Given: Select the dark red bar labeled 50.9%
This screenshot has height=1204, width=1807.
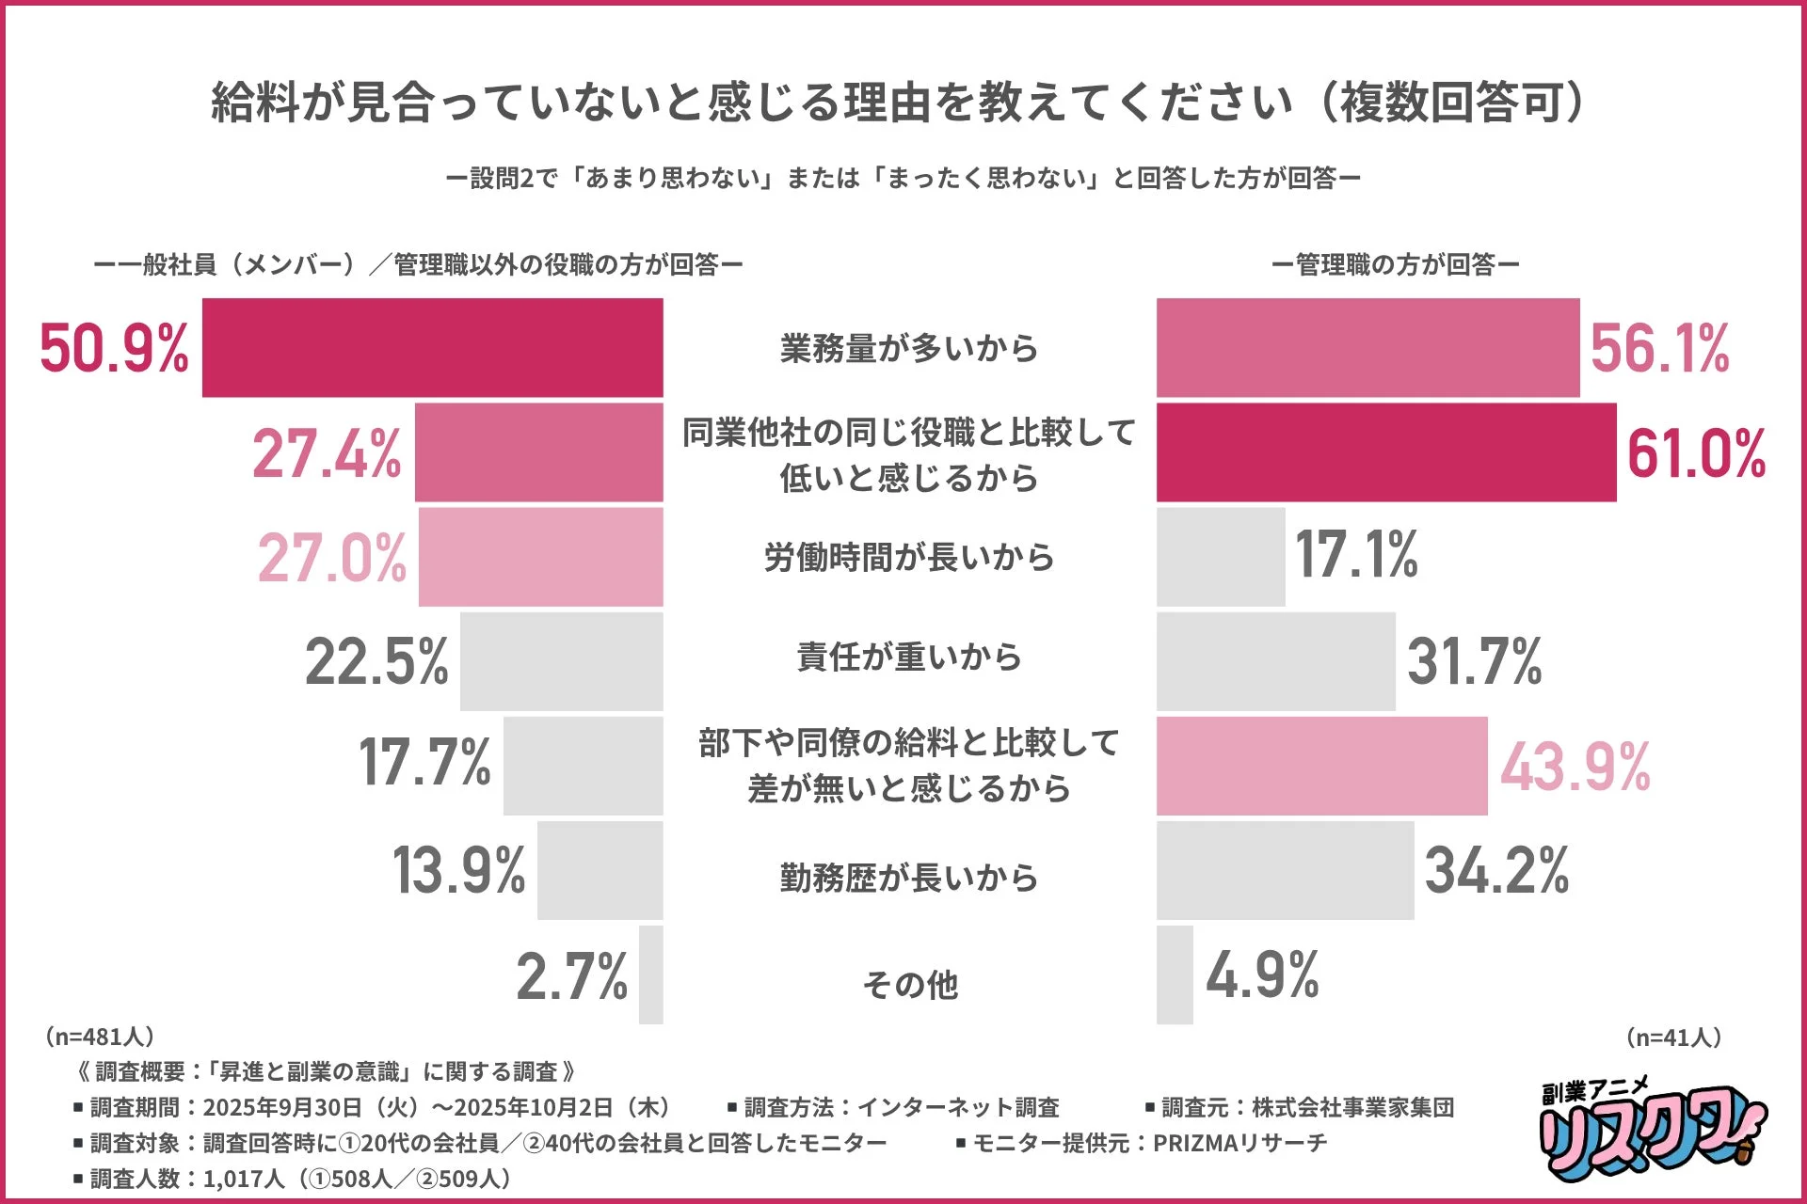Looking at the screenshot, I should pos(432,347).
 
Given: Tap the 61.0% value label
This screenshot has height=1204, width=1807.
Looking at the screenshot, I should pos(1696,453).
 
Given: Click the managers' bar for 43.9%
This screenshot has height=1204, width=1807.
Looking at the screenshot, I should pos(1321,766).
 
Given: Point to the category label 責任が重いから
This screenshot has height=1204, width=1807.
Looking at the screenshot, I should pos(908,657).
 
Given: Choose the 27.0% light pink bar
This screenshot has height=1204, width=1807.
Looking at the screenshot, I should pos(540,557).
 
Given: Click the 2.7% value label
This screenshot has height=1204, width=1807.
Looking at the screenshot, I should pos(571,976).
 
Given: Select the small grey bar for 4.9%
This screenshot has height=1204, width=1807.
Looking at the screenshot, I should pos(1175,974).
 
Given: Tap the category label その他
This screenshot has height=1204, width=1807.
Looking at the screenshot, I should pos(910,984).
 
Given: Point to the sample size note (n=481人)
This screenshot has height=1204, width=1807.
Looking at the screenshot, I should pos(99,1037).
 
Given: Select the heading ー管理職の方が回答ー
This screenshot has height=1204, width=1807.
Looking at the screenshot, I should pos(1395,265).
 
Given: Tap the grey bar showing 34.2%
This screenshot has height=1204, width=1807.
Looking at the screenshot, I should pos(1285,870).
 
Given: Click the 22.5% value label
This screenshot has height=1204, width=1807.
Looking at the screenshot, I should pos(376,661).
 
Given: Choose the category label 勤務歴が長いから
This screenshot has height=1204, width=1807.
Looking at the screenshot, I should pos(908,877).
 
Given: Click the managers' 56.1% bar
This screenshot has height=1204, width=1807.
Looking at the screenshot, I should pos(1367,347).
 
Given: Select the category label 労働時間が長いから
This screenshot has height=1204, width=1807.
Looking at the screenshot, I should pos(908,557).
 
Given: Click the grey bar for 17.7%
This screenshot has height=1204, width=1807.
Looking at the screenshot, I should pos(583,766).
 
